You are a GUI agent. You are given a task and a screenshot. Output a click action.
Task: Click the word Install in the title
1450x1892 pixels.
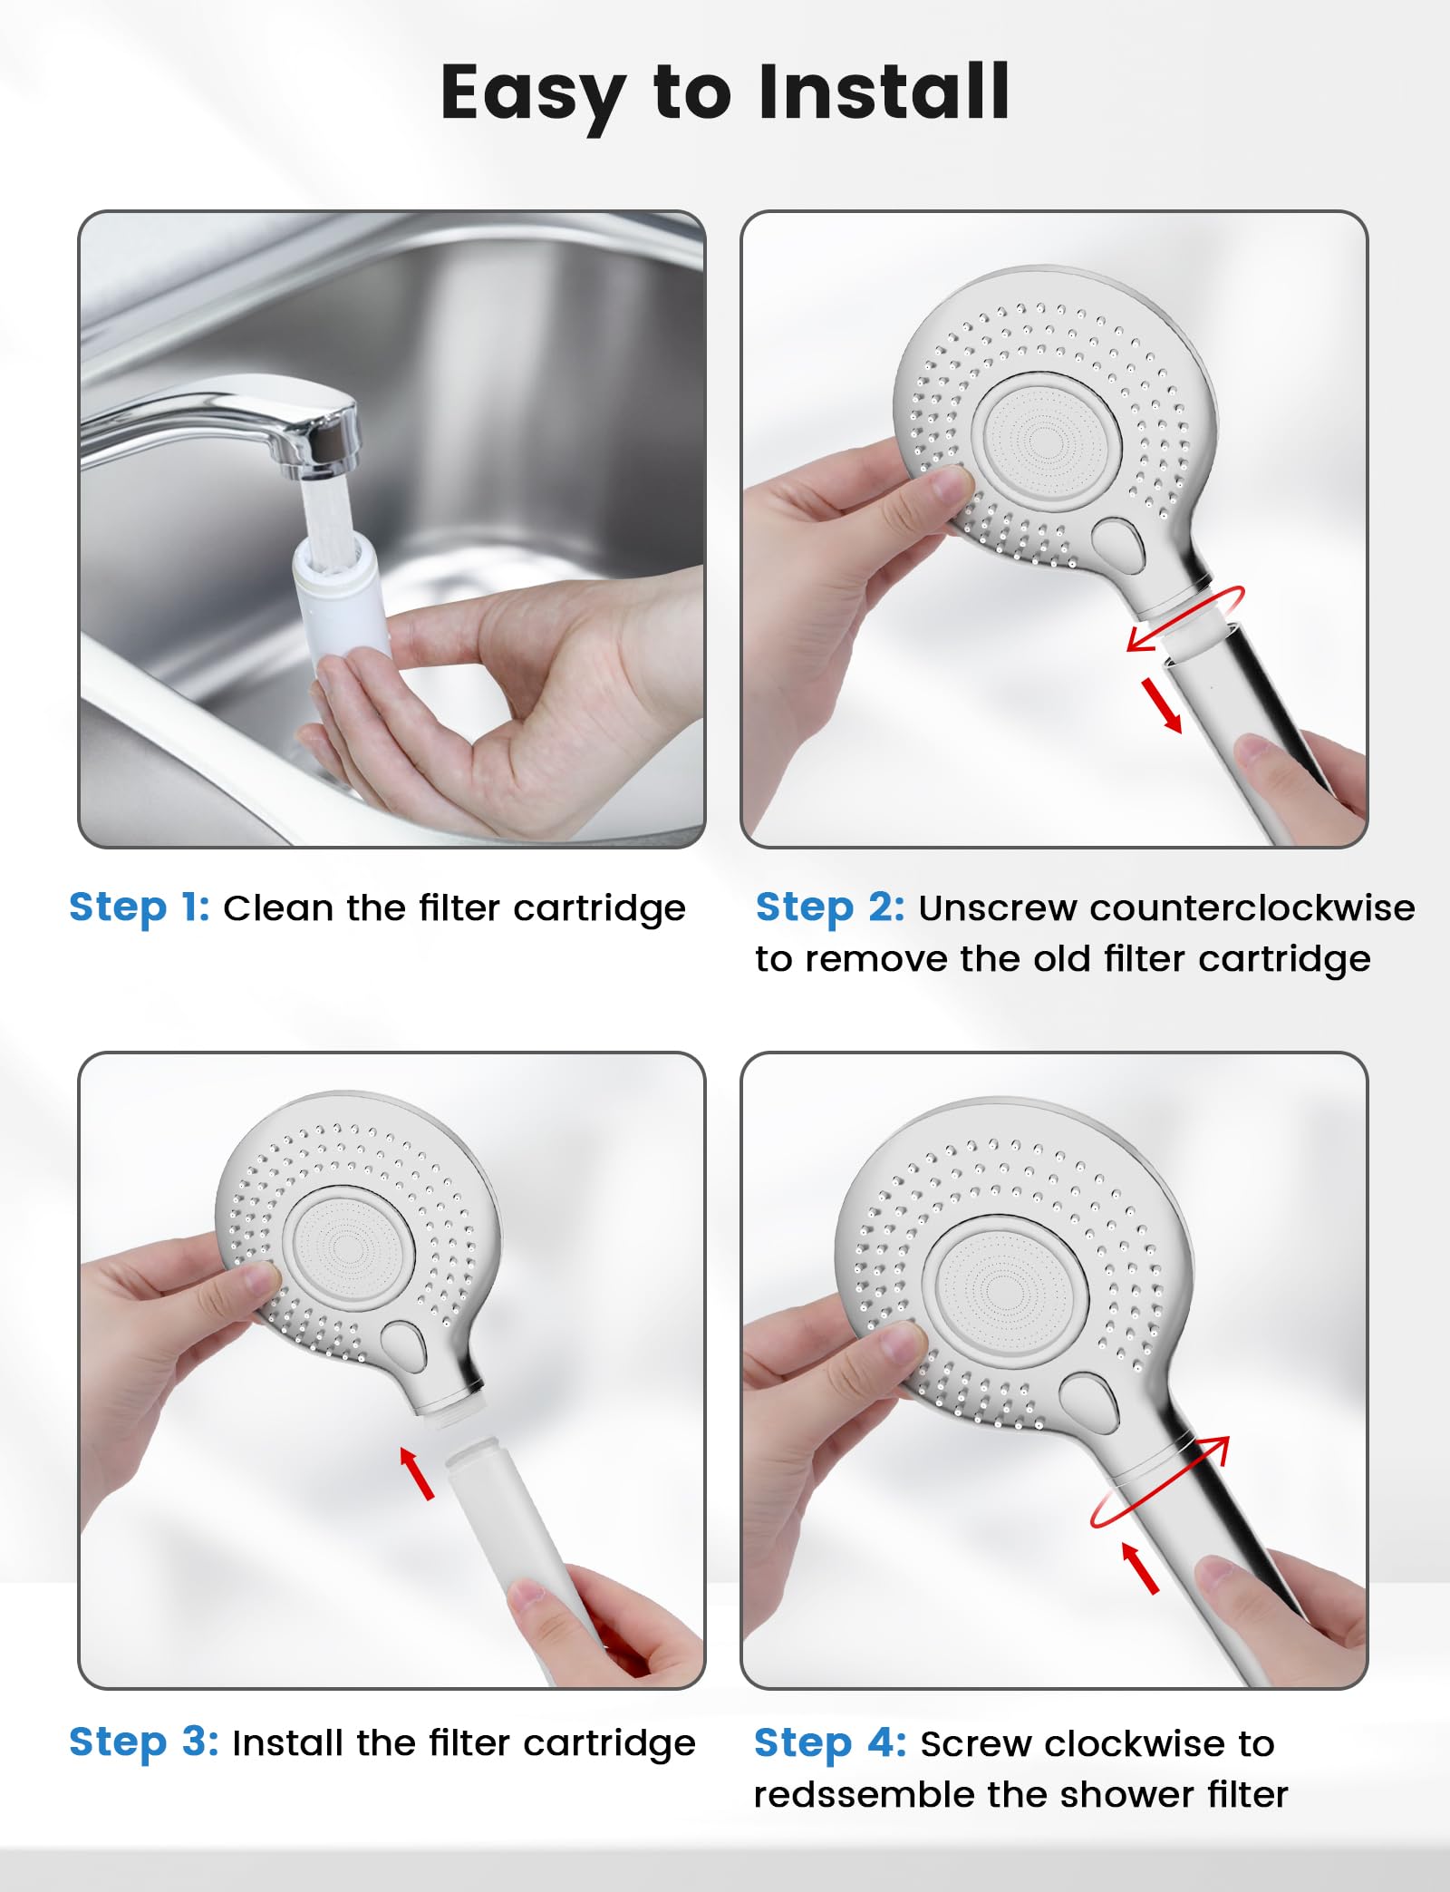(x=884, y=92)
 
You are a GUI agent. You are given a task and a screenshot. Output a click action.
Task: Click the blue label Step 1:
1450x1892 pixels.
(x=140, y=907)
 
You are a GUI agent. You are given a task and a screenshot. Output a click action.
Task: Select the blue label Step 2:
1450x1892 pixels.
(x=830, y=907)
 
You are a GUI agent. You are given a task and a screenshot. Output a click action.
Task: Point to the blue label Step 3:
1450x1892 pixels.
(x=144, y=1742)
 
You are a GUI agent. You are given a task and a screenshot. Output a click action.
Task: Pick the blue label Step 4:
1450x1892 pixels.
(x=830, y=1742)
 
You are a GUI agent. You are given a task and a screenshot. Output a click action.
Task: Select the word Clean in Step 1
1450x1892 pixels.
(x=279, y=907)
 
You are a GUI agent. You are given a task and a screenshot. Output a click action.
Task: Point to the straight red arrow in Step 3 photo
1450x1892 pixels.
(x=417, y=1472)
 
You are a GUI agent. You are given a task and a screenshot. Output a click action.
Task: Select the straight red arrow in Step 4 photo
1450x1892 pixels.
(x=1140, y=1567)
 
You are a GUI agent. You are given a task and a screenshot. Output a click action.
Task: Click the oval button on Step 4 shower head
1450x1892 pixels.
(x=1089, y=1402)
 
